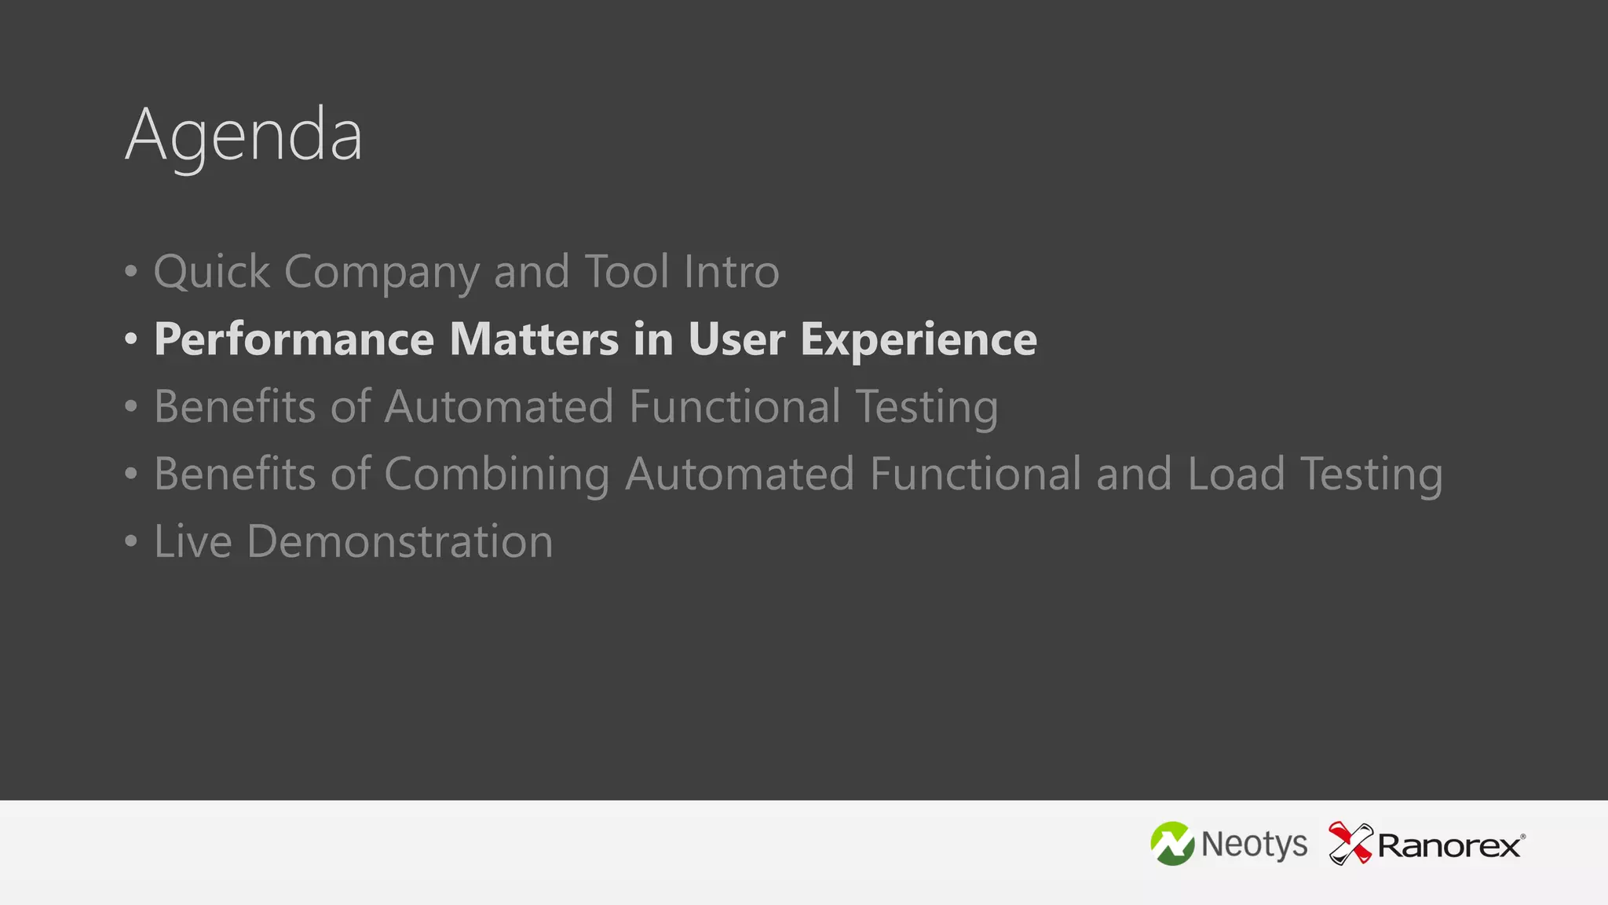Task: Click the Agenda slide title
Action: click(x=244, y=135)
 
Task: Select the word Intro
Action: click(x=731, y=272)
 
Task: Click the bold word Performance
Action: click(x=294, y=339)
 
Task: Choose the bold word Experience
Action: click(x=919, y=339)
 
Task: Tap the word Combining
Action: click(x=496, y=474)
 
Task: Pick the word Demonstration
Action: click(x=400, y=542)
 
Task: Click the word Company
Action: click(x=382, y=272)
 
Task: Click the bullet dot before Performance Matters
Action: click(x=131, y=339)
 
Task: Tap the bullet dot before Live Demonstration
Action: click(x=131, y=542)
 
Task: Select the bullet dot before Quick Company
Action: click(x=131, y=272)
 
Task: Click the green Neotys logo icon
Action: click(x=1172, y=845)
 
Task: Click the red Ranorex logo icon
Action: click(x=1350, y=844)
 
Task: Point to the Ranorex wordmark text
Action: click(x=1449, y=846)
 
